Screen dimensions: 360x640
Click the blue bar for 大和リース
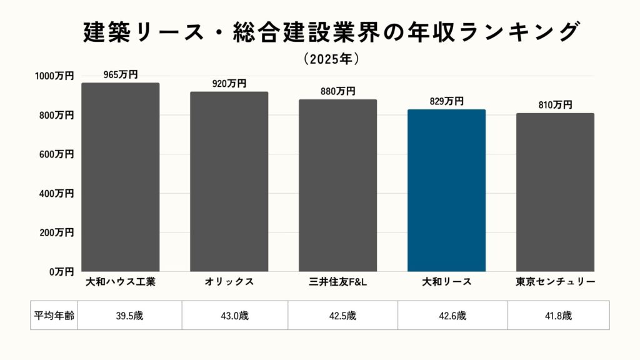pos(446,191)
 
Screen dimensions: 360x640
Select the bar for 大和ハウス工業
pos(121,177)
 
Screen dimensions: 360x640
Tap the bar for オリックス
pos(229,182)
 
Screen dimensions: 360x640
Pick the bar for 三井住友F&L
pos(337,186)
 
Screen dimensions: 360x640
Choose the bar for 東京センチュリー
pos(555,192)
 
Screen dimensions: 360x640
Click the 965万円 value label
pos(121,74)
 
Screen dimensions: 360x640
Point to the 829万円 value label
pos(446,101)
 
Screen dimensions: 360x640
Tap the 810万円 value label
pos(555,105)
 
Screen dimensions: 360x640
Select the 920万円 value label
pos(229,83)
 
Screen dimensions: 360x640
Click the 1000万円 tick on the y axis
pos(54,76)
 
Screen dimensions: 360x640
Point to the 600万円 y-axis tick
pos(57,154)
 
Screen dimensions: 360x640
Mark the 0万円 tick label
pos(60,272)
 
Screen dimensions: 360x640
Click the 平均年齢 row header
pos(54,316)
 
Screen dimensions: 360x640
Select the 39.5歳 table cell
pos(130,316)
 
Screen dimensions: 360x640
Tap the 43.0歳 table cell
pos(235,316)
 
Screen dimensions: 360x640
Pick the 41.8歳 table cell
pos(558,316)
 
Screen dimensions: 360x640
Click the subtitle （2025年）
pos(331,59)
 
